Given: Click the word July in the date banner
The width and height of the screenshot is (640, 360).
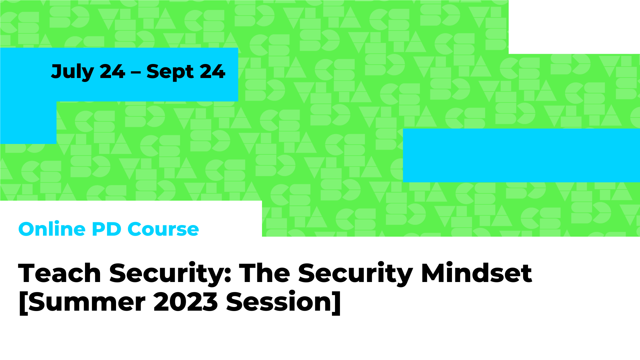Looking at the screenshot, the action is [72, 72].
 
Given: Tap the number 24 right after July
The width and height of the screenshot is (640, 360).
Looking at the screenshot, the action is [112, 72].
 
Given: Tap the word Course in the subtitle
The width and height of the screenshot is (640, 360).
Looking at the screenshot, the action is [163, 229].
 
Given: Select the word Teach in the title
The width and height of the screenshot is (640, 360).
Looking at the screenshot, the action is [60, 273].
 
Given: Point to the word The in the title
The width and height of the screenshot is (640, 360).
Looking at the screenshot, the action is [265, 273].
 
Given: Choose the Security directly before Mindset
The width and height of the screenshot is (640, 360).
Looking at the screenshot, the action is [356, 274].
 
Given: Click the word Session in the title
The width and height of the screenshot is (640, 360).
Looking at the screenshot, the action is [279, 302].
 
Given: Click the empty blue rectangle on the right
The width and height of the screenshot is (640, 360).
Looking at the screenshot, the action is [521, 155].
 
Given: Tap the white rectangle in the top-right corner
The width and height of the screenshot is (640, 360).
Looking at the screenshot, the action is [574, 27].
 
